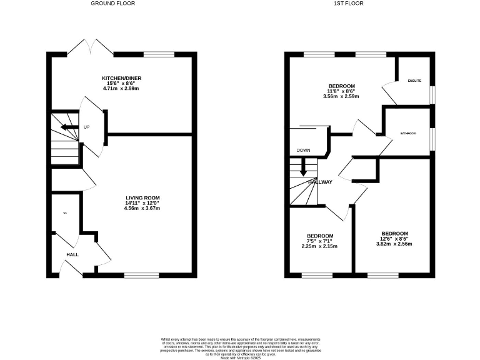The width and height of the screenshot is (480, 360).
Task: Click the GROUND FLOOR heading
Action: pos(112,4)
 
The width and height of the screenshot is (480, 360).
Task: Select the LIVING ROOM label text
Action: pos(143,197)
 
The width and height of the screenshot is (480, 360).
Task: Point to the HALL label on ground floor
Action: pos(73,254)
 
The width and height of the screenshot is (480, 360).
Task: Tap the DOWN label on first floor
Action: pos(304,151)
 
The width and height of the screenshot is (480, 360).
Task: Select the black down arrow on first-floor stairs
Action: pos(304,167)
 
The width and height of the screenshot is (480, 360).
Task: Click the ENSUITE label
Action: pos(414,81)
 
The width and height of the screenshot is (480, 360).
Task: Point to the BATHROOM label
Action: pos(408,133)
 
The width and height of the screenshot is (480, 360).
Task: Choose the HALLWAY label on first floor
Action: pos(320,182)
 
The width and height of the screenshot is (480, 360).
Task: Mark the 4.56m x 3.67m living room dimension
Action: pos(143,208)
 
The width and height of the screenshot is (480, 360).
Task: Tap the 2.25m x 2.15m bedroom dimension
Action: pos(319,246)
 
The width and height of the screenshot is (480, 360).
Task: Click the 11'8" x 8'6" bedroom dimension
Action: pos(342,91)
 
